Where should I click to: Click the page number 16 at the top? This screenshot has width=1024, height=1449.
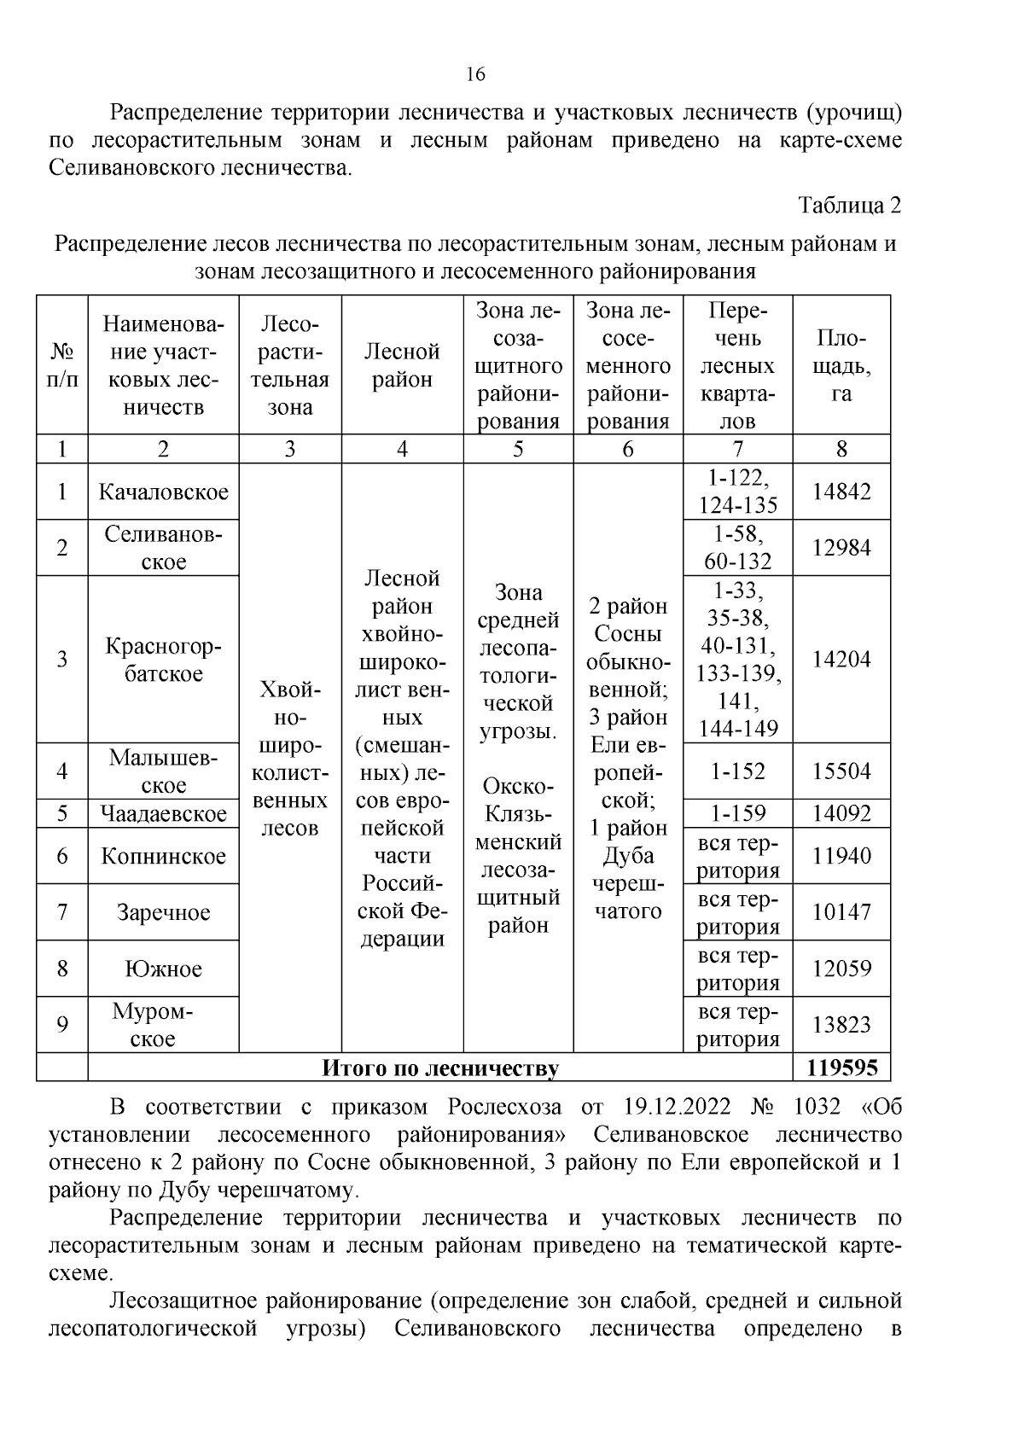pos(475,74)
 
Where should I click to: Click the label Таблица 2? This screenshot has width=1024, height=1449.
pos(849,206)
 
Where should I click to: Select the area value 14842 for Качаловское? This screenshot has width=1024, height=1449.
pos(841,492)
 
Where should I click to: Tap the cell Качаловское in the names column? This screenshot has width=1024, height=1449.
pos(163,492)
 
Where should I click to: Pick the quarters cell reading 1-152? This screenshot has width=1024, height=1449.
pos(737,771)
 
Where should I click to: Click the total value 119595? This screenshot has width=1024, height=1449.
pos(841,1068)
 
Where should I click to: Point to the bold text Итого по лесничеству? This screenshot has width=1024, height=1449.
pos(439,1068)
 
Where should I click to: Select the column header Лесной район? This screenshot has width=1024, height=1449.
pos(402,365)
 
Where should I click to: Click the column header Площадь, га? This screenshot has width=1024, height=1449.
pos(841,365)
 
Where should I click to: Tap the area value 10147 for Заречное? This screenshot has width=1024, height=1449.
pos(841,912)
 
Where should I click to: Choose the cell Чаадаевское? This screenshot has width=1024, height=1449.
pos(163,813)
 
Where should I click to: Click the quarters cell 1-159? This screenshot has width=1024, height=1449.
pos(737,813)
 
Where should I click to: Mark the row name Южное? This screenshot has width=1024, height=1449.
pos(163,969)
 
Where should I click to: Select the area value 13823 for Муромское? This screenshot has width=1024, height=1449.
pos(841,1025)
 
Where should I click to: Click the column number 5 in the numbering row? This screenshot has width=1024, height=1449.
pos(518,449)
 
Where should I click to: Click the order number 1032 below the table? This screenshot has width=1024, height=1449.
pos(816,1108)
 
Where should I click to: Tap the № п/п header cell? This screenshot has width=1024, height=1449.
pos(61,365)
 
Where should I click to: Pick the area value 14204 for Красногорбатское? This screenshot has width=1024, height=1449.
pos(841,659)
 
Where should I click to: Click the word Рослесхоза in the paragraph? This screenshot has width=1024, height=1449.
pos(504,1108)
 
